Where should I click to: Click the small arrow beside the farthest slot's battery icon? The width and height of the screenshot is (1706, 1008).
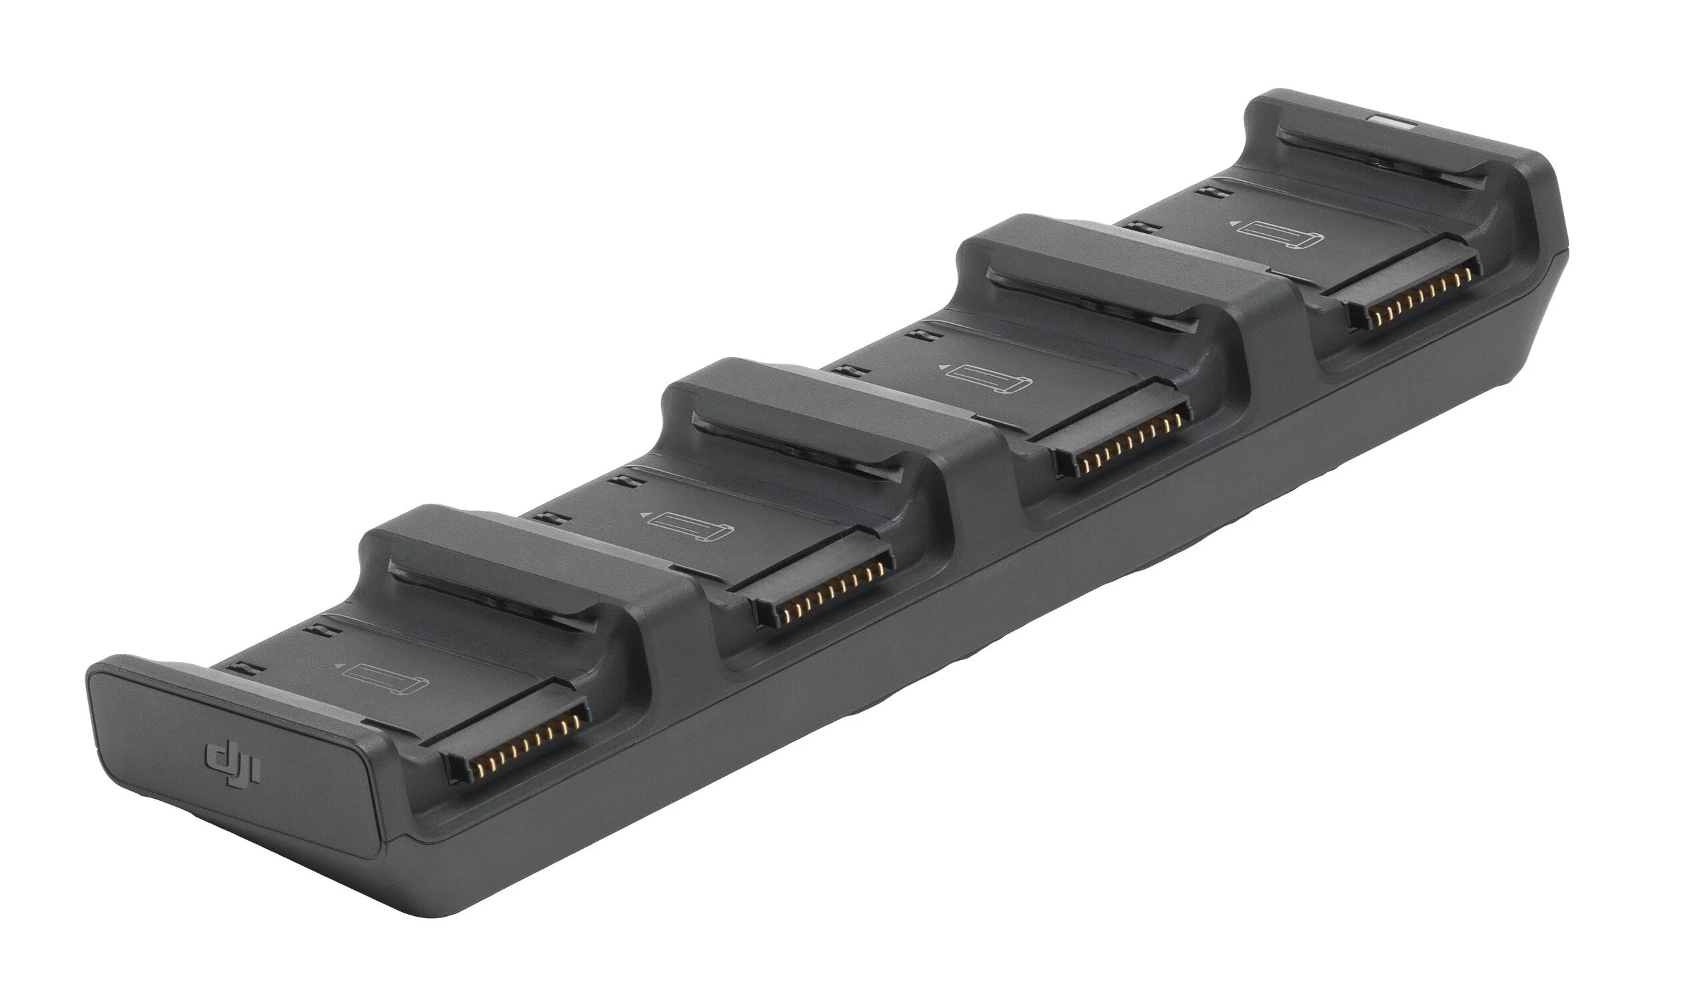[1232, 221]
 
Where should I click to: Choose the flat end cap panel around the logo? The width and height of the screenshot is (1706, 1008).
[231, 754]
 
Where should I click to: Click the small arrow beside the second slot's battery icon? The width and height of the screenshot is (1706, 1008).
[642, 515]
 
